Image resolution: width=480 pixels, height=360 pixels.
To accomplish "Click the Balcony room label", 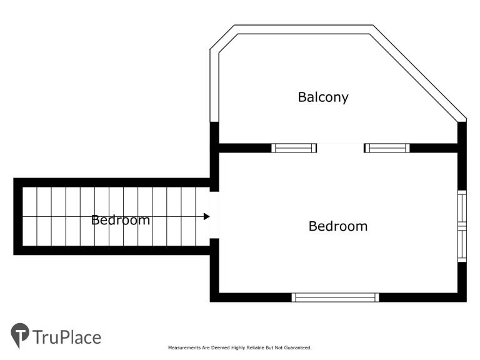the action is pos(323,97).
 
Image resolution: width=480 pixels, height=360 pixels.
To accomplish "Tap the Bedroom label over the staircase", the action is pos(121,220).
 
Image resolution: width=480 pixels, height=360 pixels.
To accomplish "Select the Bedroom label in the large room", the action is pos(338,226).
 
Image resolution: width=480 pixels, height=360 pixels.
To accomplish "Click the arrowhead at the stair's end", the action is pos(207,216).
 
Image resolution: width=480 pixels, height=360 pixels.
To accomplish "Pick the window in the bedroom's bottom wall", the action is pos(335,297).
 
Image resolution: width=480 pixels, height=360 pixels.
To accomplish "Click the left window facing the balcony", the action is pos(294,148).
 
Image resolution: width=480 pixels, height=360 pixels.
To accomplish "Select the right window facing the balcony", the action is pos(387,148).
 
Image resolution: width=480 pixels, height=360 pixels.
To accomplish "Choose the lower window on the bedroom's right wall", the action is pos(462,245).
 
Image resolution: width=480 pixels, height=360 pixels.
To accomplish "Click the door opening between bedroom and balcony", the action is pos(340,148).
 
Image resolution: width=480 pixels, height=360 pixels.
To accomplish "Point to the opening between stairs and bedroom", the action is pos(214,215).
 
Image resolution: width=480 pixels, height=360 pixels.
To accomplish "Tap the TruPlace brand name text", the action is pos(67,337).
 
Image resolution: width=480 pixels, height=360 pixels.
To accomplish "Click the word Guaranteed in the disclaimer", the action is pos(297,347).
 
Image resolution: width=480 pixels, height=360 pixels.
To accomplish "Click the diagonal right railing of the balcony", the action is pos(418,73).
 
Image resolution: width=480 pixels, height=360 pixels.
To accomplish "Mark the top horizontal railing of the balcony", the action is pos(304,29).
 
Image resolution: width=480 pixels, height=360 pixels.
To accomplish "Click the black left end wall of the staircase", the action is pos(18,216).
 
